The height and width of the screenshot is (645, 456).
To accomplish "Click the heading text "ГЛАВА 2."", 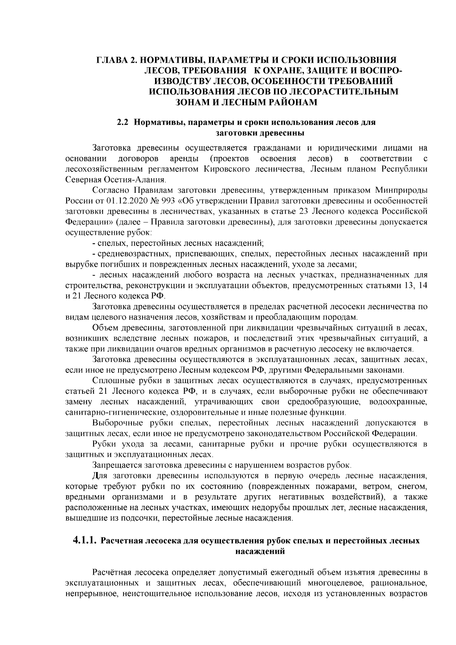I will click(x=114, y=60).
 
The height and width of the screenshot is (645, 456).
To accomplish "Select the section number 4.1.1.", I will click(x=85, y=541).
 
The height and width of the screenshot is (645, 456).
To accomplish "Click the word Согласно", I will click(x=109, y=190).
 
